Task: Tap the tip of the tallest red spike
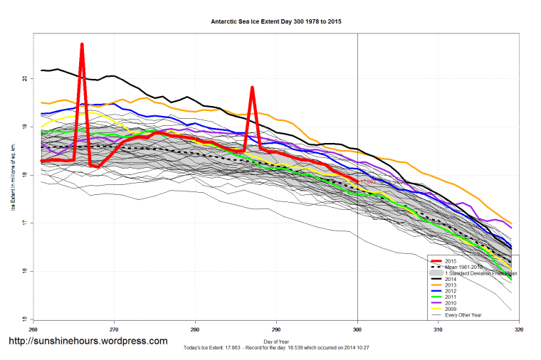(x=82, y=45)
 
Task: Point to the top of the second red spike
(x=252, y=88)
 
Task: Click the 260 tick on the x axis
(x=33, y=329)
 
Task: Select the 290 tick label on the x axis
(x=276, y=329)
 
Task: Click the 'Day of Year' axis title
(x=276, y=341)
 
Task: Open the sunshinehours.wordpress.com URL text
(x=88, y=341)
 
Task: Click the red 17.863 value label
(x=367, y=182)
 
